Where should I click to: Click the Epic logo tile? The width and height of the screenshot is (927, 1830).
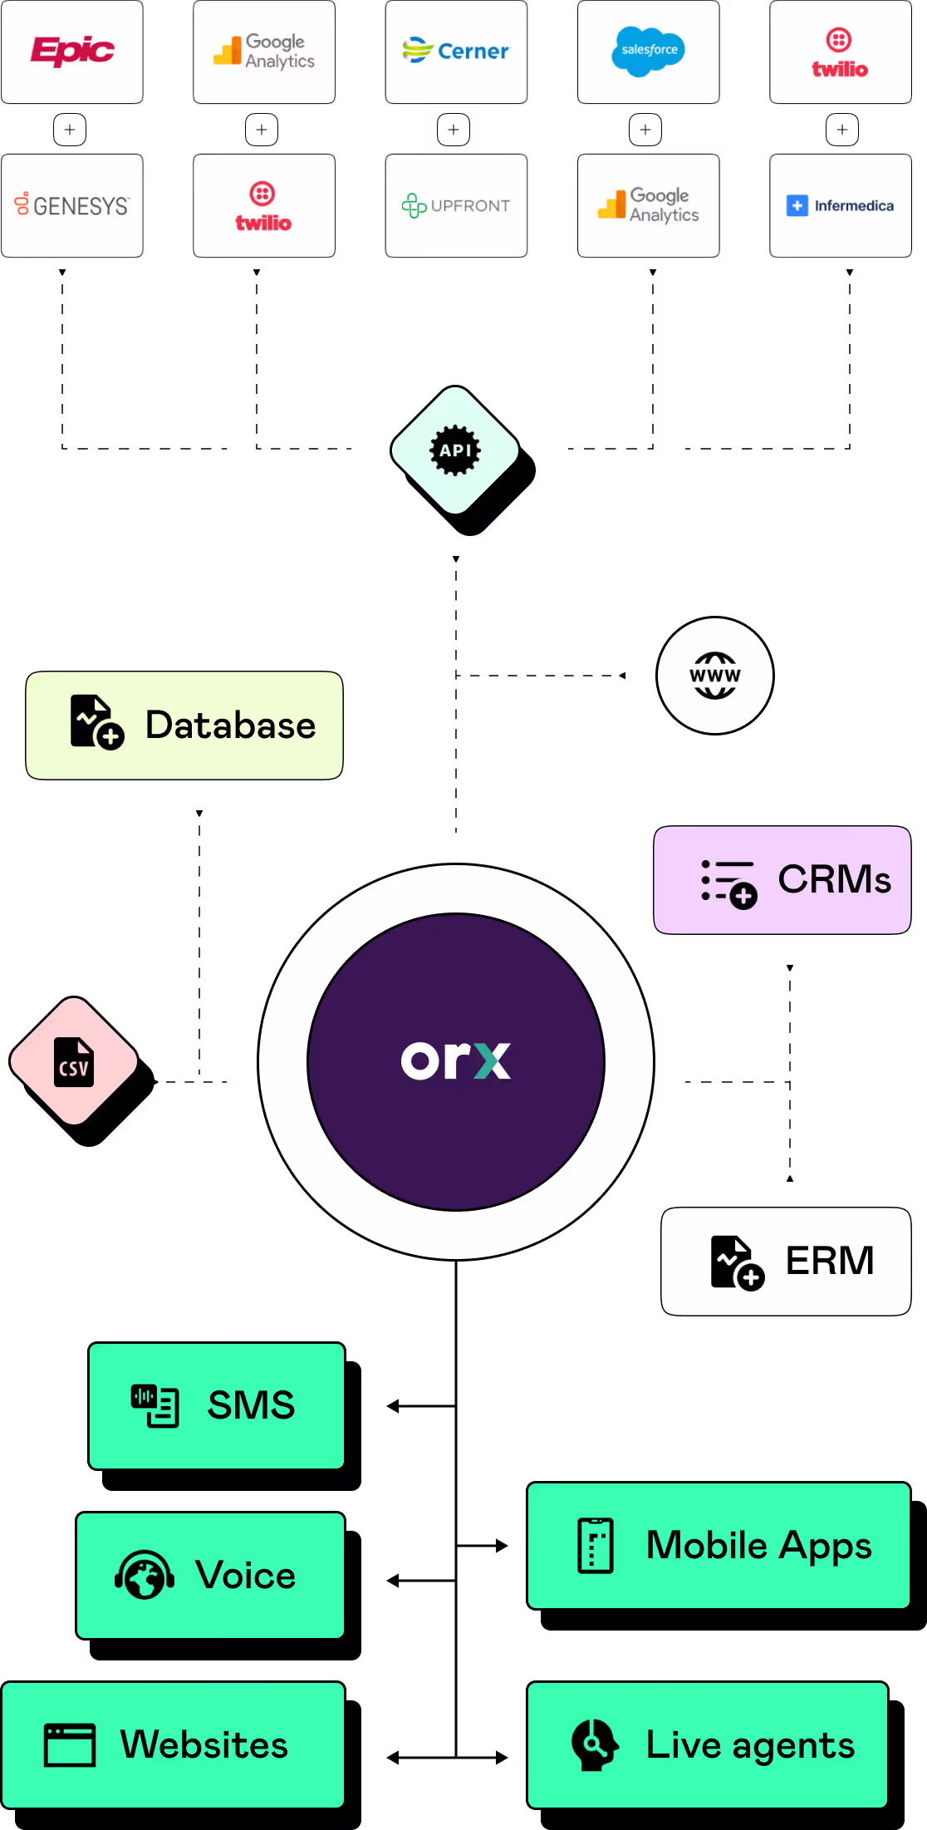[x=72, y=52]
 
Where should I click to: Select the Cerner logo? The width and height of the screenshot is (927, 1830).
[x=456, y=52]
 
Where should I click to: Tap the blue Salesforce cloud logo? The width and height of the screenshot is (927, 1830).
[x=649, y=51]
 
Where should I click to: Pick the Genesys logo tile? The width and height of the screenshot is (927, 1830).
[x=72, y=205]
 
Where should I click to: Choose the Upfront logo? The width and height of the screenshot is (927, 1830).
[x=456, y=205]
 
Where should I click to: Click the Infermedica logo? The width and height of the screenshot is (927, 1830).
[x=840, y=205]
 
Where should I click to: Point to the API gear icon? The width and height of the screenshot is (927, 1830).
[x=455, y=450]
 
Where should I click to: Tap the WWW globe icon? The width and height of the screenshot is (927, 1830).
[x=715, y=676]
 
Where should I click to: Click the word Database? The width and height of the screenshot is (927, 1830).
[x=231, y=725]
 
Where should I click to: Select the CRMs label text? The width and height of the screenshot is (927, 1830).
[x=834, y=879]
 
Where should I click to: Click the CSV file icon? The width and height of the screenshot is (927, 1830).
[x=74, y=1061]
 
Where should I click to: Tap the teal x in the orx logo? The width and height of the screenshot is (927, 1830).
[x=492, y=1060]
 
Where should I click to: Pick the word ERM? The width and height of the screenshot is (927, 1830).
[x=830, y=1261]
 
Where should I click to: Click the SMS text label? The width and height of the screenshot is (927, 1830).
[x=251, y=1405]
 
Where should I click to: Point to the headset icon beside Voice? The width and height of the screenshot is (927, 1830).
[x=145, y=1575]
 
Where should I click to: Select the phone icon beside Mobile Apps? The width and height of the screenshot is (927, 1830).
[x=596, y=1546]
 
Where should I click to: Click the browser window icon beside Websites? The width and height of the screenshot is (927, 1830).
[x=70, y=1745]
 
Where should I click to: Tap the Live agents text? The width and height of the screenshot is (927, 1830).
[x=750, y=1745]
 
